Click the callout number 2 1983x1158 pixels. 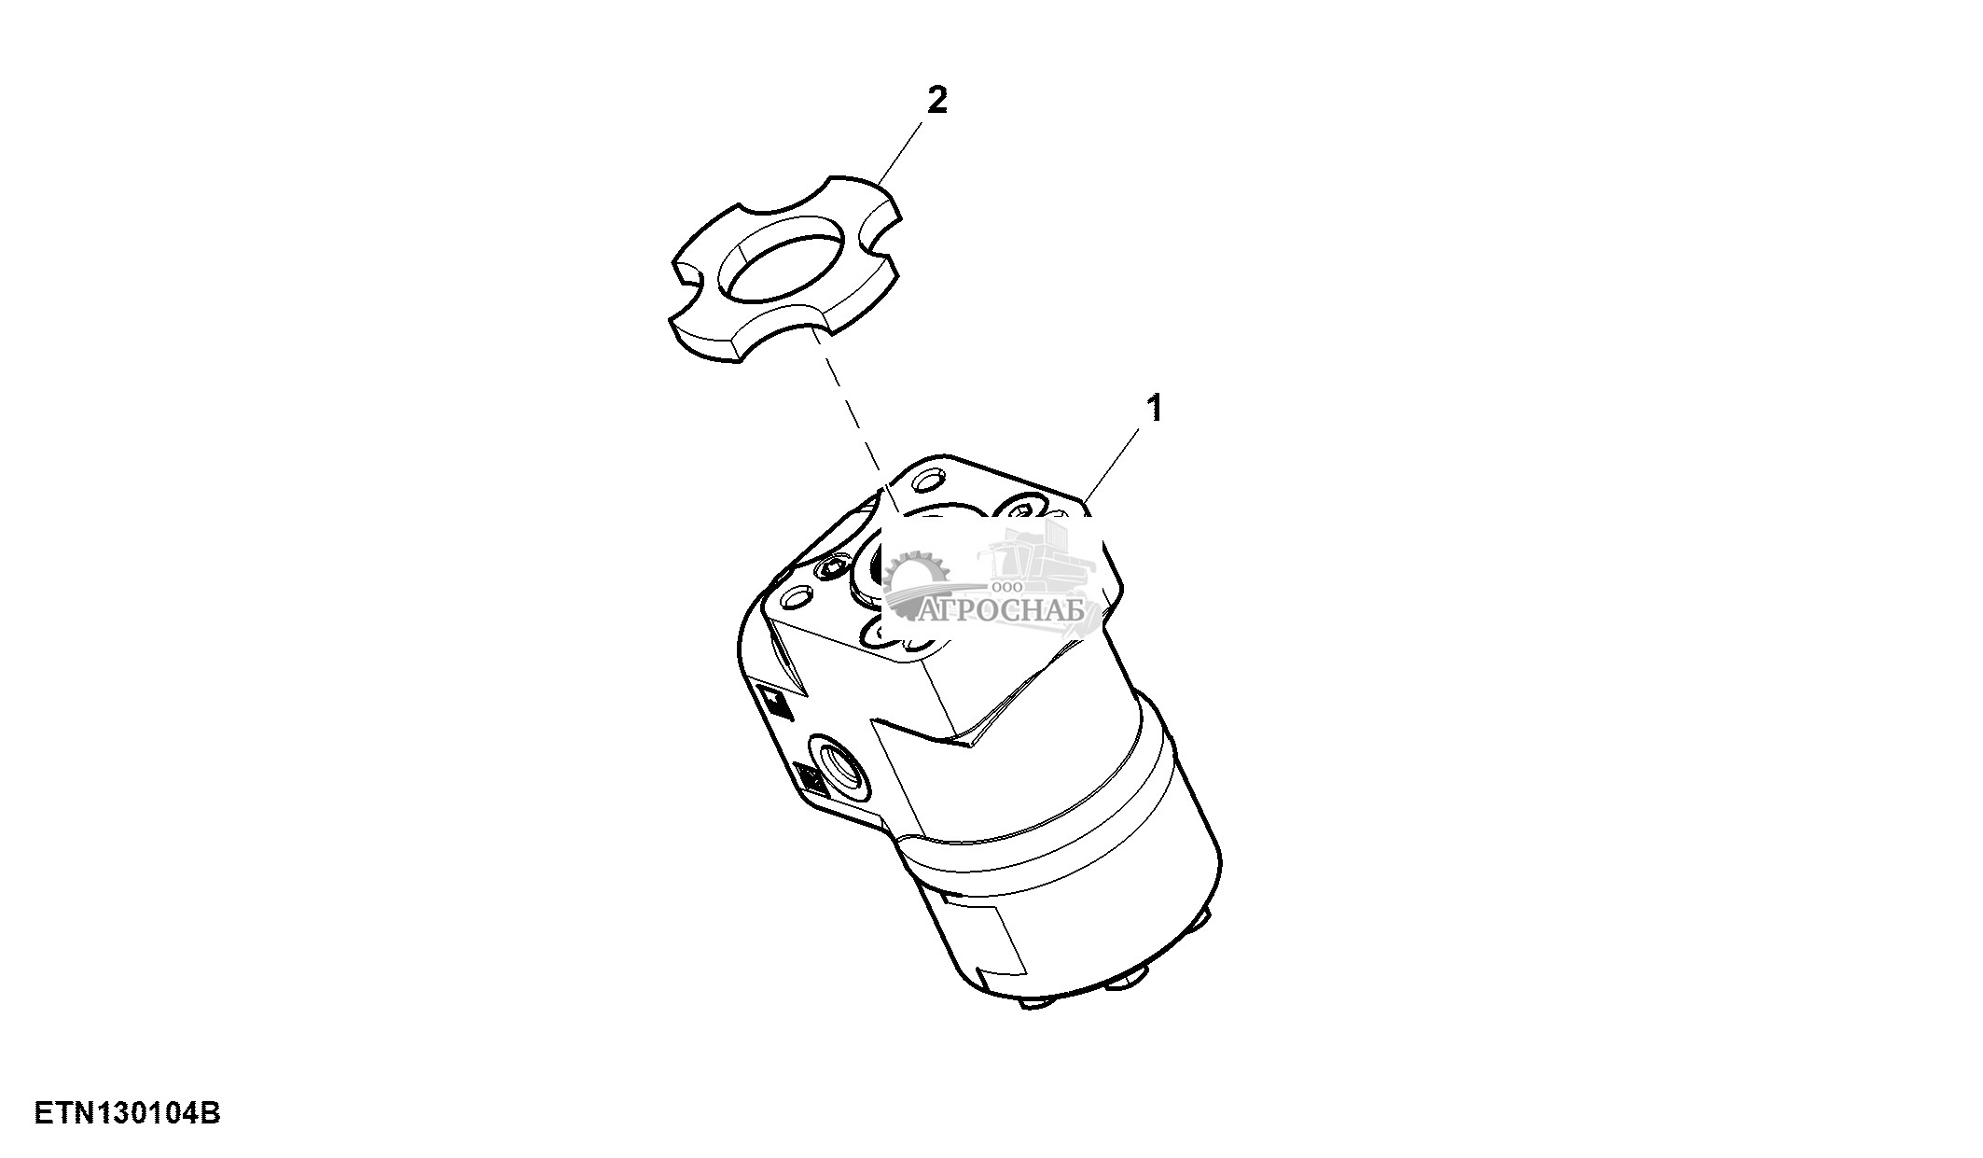tap(936, 101)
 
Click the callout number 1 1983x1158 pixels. tap(1155, 408)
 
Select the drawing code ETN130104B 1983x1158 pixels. tap(128, 1113)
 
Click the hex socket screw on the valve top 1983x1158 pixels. tap(832, 569)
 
